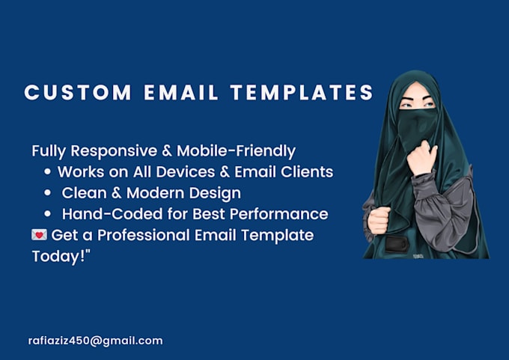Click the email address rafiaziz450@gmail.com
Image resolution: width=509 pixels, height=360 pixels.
coord(95,341)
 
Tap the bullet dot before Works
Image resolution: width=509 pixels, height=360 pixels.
coord(48,172)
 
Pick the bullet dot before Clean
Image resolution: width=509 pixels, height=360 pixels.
coord(48,193)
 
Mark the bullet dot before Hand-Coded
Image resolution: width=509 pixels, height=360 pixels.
coord(48,214)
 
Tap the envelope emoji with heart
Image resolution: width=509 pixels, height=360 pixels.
coord(40,235)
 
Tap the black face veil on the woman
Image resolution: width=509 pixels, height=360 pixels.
coord(419,120)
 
